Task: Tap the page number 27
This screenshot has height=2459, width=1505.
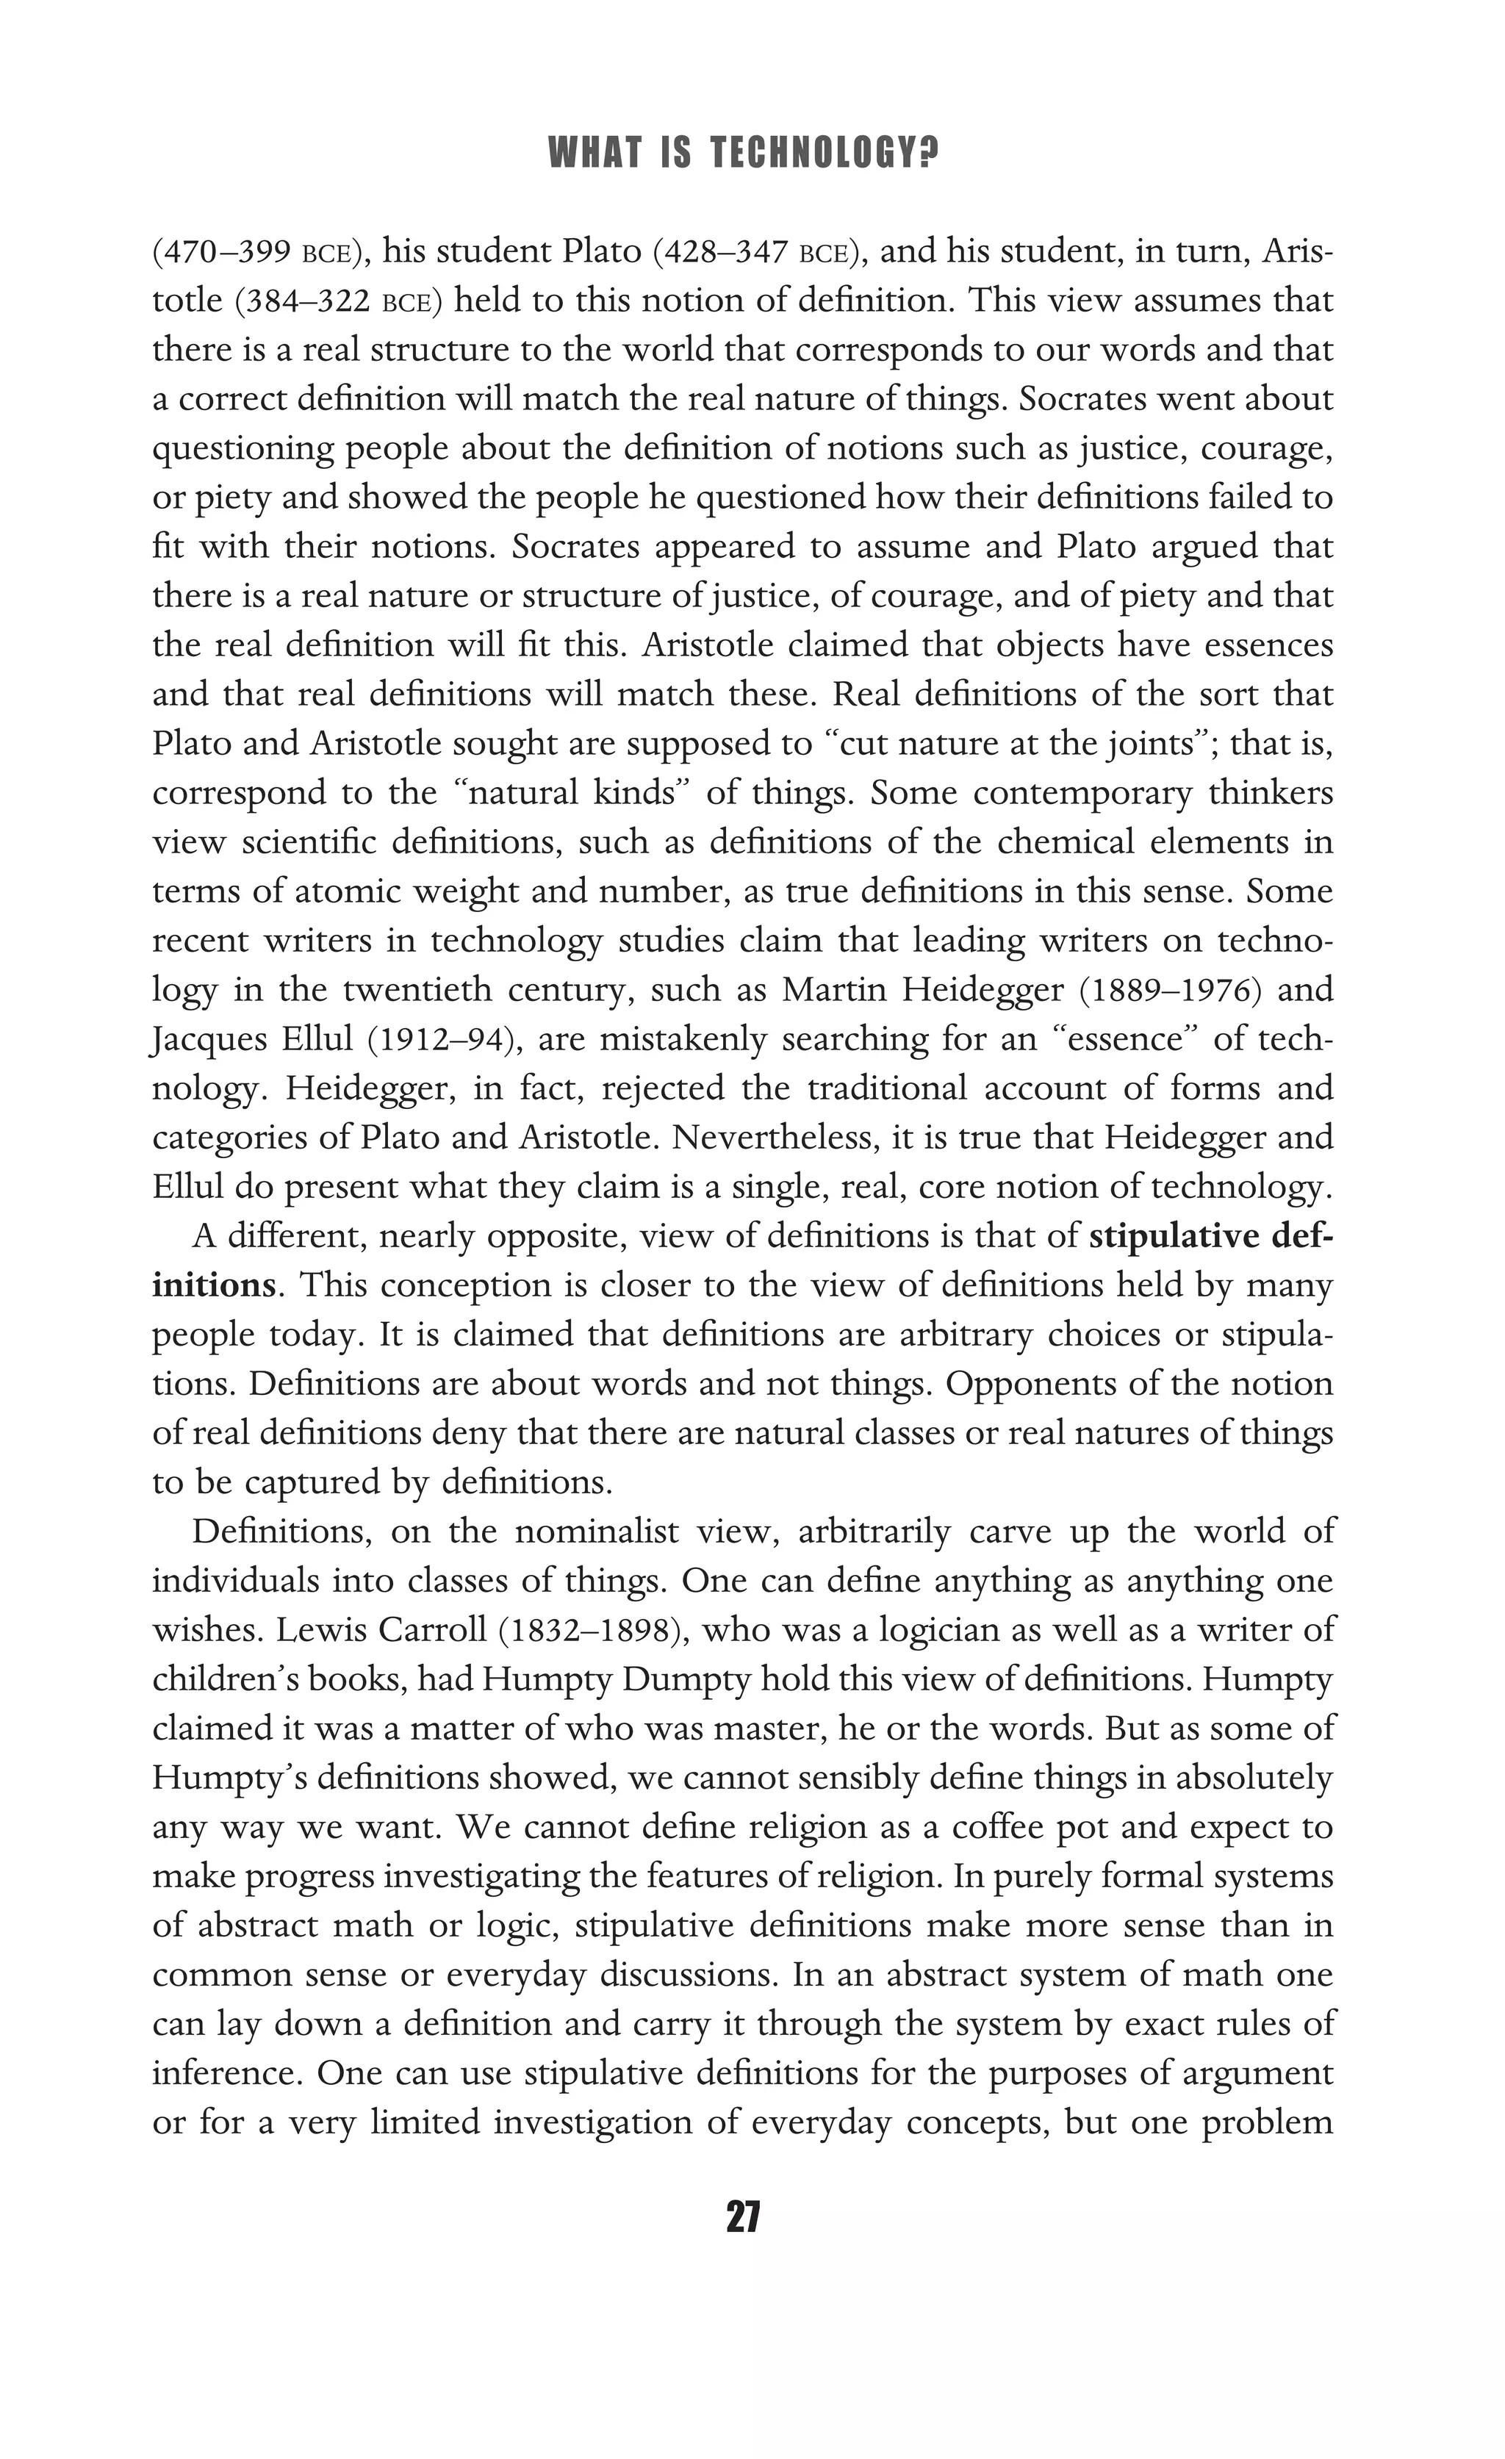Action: point(744,2217)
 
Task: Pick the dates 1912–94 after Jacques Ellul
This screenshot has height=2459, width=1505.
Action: point(438,1040)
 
